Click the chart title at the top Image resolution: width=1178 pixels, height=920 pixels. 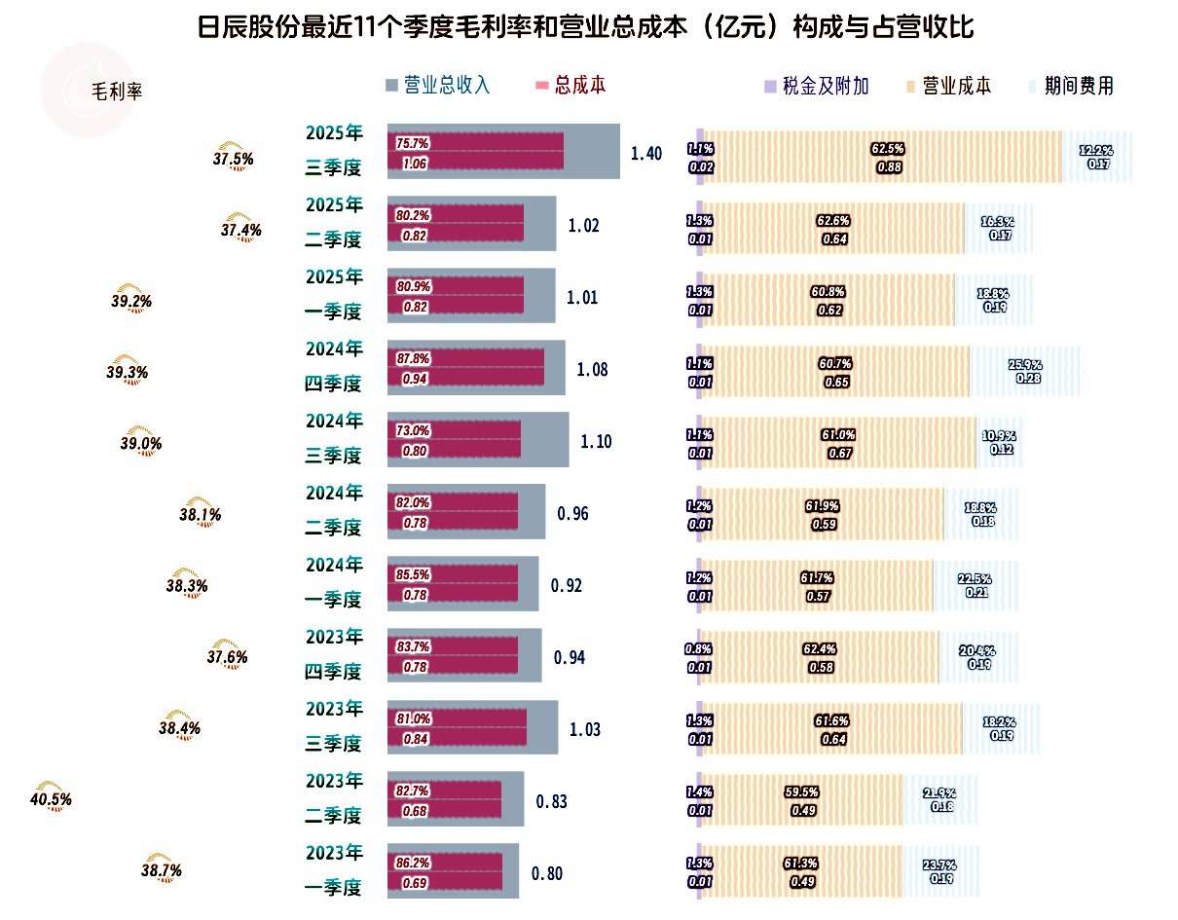point(586,26)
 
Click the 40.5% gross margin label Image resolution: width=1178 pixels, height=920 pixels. point(52,799)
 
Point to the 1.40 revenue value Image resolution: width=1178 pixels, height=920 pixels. point(646,154)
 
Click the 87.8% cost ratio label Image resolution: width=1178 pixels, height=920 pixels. point(413,358)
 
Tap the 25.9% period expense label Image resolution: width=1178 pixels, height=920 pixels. point(1026,364)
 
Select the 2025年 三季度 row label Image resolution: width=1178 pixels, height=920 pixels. point(334,150)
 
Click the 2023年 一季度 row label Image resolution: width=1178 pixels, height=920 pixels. point(334,870)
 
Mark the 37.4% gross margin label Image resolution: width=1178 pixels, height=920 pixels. point(241,230)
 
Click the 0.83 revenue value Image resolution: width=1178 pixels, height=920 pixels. point(552,802)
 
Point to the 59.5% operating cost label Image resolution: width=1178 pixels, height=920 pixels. point(801,791)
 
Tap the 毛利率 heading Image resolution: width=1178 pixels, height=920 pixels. point(117,92)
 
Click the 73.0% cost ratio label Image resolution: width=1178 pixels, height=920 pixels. point(413,430)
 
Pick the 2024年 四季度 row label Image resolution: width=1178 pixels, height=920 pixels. point(334,366)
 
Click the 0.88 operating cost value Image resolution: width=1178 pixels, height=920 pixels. point(888,166)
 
